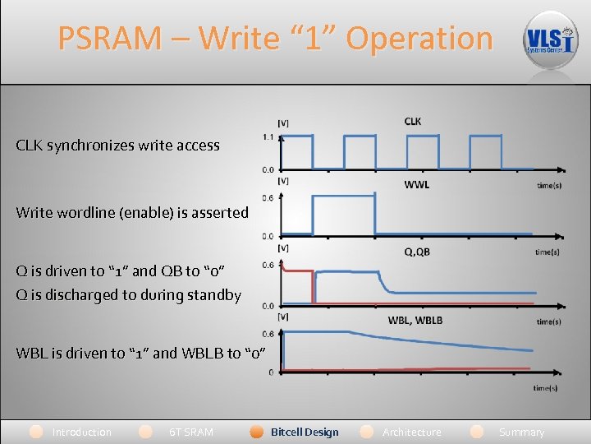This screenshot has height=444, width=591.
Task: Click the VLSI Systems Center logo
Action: (551, 39)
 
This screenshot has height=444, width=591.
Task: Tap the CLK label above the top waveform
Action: (413, 122)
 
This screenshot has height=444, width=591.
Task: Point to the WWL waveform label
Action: (416, 184)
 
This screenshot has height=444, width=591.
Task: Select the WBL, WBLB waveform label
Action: (415, 320)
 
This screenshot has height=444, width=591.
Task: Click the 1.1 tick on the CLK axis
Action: (268, 137)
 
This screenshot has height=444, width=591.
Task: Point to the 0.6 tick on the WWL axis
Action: (268, 198)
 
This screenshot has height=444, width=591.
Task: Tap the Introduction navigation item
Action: (81, 432)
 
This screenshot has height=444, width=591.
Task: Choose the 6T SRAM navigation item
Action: (190, 432)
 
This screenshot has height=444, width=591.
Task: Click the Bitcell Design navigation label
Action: (305, 432)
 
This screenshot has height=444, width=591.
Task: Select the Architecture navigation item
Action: (411, 432)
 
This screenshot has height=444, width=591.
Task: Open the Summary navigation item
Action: (521, 432)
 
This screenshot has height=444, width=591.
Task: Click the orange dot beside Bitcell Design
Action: (256, 432)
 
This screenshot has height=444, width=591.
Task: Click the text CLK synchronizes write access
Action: (117, 146)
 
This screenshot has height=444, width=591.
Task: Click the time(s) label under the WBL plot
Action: (545, 387)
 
